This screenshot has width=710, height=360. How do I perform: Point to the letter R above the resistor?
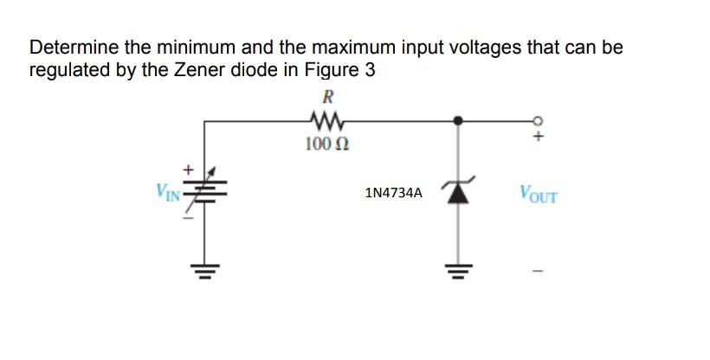pos(328,97)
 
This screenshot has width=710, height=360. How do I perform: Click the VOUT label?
pos(539,192)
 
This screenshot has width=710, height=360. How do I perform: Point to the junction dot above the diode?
pos(458,121)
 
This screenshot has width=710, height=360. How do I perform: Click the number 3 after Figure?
pos(370,70)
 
